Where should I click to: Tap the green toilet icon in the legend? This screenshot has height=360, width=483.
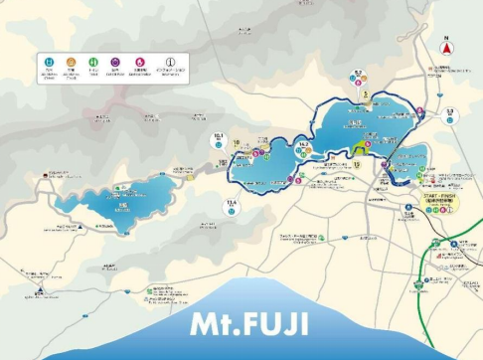coord(93,62)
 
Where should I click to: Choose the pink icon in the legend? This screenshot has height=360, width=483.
coord(140,62)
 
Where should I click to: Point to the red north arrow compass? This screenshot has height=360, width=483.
coord(447,47)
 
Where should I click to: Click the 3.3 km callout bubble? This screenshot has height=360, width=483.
coord(449,113)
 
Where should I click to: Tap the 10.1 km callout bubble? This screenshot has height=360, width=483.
coord(219,139)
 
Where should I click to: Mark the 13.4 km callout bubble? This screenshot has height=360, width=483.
coord(232,205)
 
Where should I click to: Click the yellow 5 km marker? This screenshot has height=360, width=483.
coord(366,94)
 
